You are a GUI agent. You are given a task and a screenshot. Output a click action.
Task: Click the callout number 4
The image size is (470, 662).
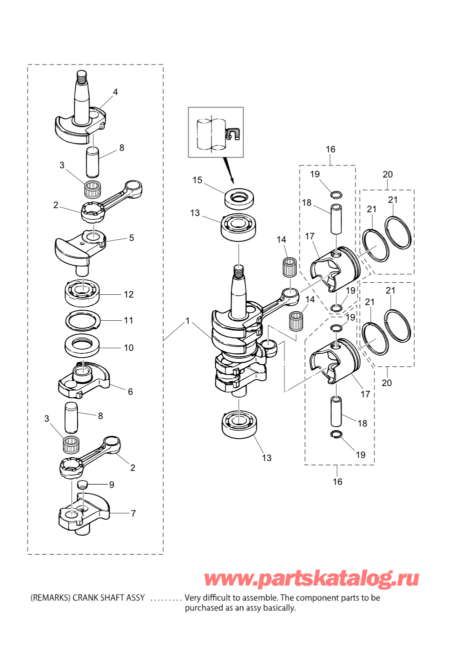pyautogui.click(x=115, y=92)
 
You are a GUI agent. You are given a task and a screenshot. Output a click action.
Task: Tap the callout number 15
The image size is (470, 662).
pyautogui.click(x=197, y=180)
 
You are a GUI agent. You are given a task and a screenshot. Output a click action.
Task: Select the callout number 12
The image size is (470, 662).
pyautogui.click(x=128, y=294)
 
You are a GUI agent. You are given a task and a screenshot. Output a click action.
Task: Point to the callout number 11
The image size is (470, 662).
pyautogui.click(x=128, y=320)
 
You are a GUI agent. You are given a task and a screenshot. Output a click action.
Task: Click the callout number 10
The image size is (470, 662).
pyautogui.click(x=128, y=348)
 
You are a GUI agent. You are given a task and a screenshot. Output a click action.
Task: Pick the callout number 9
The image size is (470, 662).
pyautogui.click(x=111, y=485)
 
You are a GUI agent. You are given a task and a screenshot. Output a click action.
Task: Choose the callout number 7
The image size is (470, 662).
pyautogui.click(x=133, y=514)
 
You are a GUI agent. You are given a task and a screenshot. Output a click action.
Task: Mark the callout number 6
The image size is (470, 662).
pyautogui.click(x=130, y=392)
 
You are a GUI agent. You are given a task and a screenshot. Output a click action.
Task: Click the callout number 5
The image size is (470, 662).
pyautogui.click(x=131, y=238)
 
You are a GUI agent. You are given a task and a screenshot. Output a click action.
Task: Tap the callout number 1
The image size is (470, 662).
pyautogui.click(x=187, y=321)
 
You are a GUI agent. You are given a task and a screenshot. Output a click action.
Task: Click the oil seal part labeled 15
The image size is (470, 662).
pyautogui.click(x=239, y=197)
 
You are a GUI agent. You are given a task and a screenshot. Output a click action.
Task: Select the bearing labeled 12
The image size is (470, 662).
pyautogui.click(x=82, y=292)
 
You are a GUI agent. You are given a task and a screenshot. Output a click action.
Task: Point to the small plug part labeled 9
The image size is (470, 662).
pyautogui.click(x=81, y=484)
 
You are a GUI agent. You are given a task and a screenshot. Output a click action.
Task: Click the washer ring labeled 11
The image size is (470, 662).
pyautogui.click(x=82, y=321)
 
